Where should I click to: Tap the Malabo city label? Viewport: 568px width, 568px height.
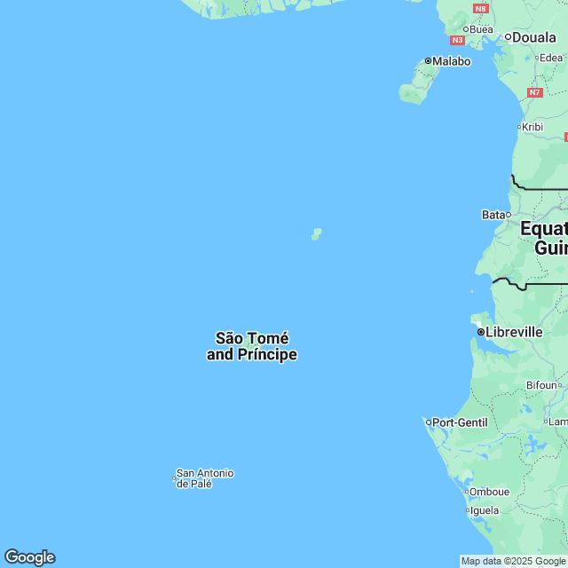(451, 61)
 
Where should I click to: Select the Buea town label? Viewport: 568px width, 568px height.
(480, 29)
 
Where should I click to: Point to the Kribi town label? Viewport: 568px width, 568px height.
(532, 127)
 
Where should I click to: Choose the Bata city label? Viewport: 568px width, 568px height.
(492, 214)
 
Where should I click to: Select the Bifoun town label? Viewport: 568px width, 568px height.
(541, 385)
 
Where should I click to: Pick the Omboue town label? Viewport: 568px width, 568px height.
(489, 492)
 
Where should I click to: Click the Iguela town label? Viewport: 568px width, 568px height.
(485, 510)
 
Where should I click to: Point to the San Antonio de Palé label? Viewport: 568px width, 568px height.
(205, 478)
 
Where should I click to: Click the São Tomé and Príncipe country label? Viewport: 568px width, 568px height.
(252, 346)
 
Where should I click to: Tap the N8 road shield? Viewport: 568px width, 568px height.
(480, 8)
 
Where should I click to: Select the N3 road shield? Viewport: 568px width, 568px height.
(457, 40)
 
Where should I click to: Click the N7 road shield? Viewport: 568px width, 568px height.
(534, 92)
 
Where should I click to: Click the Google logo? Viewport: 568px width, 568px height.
(29, 557)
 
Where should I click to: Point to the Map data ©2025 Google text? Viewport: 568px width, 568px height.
(513, 561)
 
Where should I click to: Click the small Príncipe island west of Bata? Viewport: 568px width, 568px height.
(316, 234)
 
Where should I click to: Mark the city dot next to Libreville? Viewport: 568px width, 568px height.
(480, 332)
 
